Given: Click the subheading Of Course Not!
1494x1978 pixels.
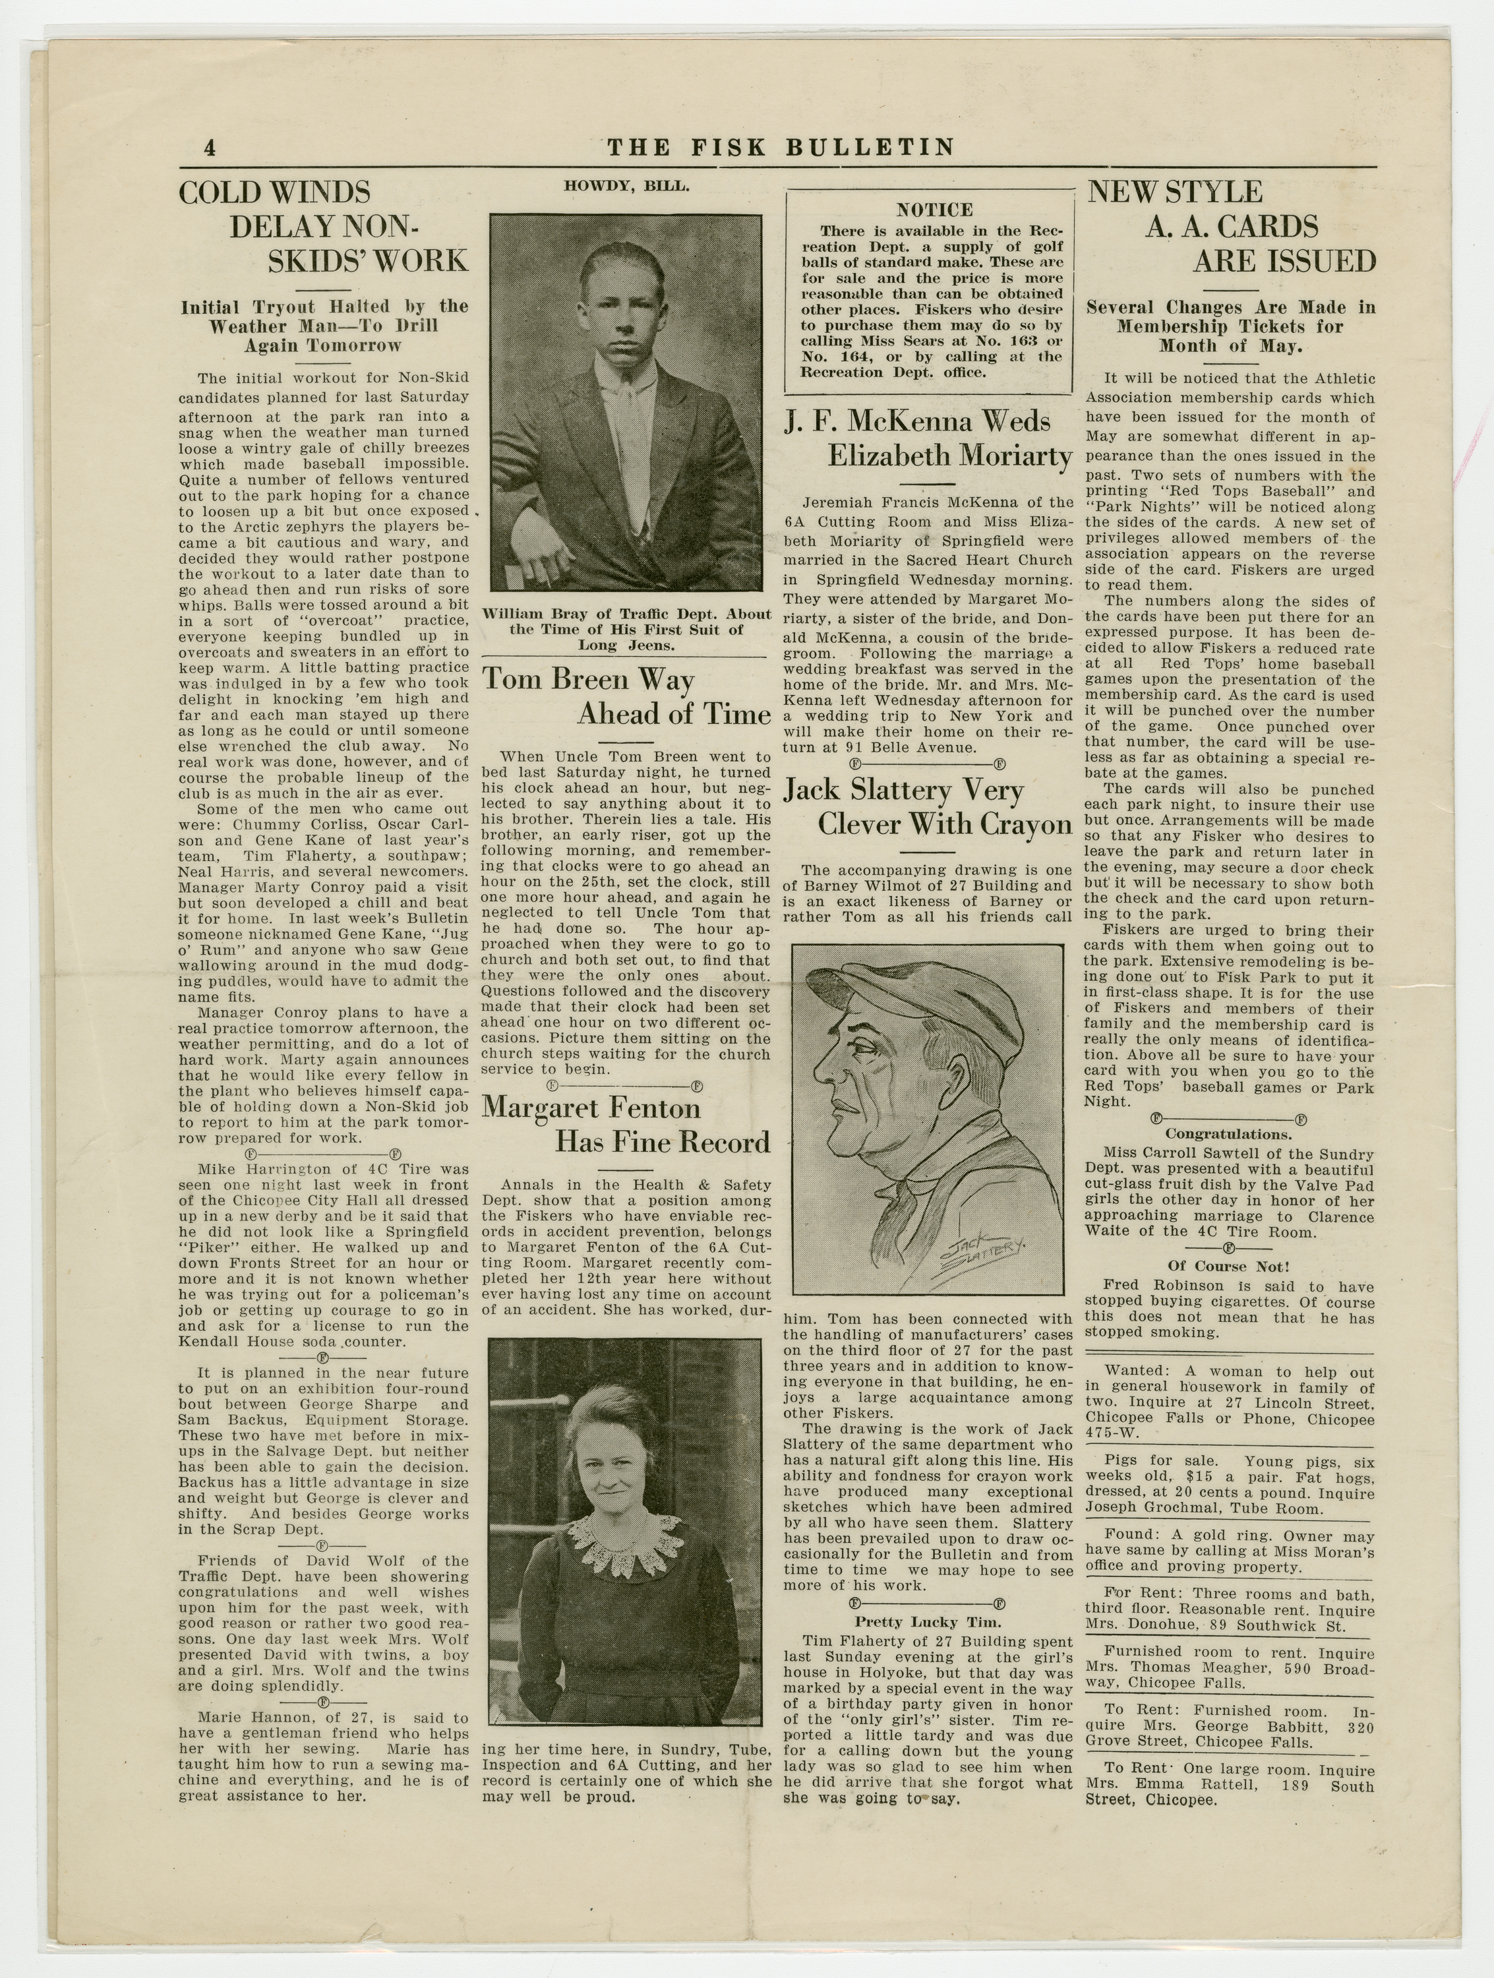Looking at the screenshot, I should coord(1228,1266).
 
